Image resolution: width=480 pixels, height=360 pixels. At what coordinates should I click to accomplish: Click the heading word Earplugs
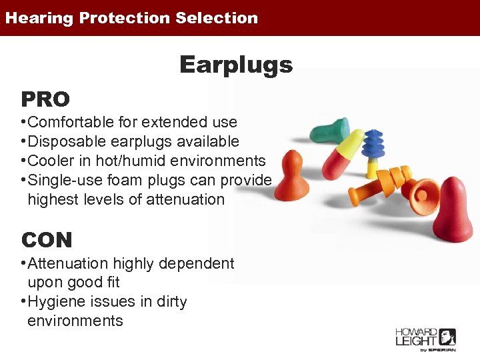(x=236, y=65)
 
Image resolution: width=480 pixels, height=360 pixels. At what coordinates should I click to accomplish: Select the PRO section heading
(x=45, y=99)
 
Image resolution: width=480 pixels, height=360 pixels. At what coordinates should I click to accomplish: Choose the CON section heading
(x=47, y=239)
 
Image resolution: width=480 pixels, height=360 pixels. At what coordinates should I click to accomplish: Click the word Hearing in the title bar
(x=39, y=18)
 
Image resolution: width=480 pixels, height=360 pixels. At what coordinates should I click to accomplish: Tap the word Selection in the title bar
(x=217, y=18)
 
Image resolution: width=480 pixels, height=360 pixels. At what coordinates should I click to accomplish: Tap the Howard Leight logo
(x=425, y=339)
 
